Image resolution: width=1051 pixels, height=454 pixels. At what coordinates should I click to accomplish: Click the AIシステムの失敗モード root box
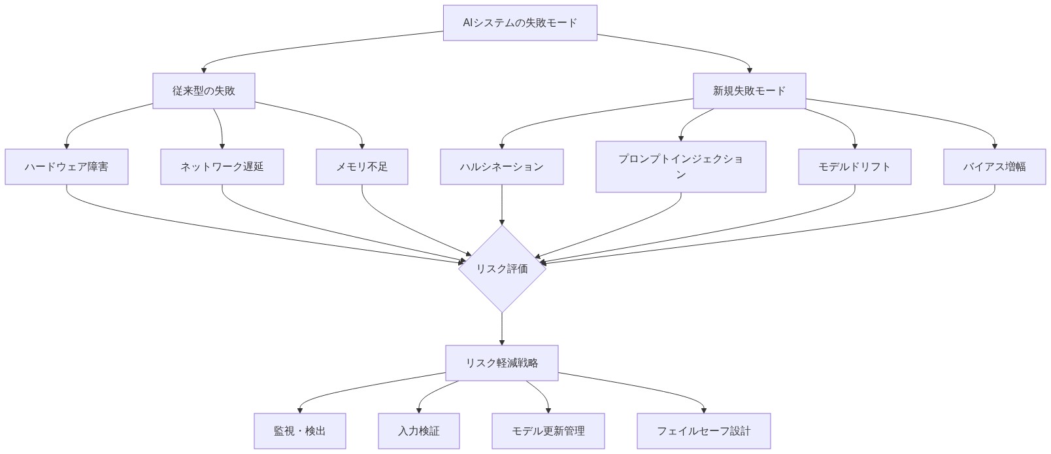click(x=520, y=23)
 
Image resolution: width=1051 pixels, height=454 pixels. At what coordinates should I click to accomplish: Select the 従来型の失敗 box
click(x=203, y=91)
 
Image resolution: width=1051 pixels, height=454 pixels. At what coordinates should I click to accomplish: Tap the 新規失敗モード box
click(x=749, y=91)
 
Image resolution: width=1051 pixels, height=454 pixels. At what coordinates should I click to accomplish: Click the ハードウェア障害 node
click(x=66, y=167)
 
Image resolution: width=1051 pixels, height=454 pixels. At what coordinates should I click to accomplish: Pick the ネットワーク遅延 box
click(x=222, y=167)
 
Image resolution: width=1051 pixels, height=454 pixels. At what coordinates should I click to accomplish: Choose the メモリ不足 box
click(x=361, y=167)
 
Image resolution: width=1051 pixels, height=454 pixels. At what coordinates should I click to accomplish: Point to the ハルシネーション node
click(x=501, y=167)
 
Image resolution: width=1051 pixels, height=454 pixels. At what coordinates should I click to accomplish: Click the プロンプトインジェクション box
click(x=680, y=167)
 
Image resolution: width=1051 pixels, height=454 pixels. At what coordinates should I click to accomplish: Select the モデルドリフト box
click(x=854, y=167)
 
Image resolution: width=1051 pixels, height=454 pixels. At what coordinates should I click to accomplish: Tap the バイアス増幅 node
click(x=994, y=167)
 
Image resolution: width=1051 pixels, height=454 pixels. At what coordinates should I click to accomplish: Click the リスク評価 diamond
click(x=501, y=269)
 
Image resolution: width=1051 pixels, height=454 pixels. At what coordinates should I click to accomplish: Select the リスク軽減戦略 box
click(x=501, y=363)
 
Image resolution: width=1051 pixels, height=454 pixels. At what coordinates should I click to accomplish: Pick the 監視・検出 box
click(x=299, y=431)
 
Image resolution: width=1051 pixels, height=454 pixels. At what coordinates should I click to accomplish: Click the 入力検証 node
click(x=418, y=431)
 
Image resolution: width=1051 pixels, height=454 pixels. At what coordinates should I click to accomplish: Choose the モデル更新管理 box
click(x=548, y=431)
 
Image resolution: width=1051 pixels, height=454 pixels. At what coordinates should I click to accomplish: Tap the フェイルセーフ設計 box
click(x=703, y=431)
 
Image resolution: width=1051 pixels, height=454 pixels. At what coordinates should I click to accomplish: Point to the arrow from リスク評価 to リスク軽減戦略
click(x=501, y=328)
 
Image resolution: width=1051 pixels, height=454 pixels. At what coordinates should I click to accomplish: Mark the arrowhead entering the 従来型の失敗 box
click(x=204, y=70)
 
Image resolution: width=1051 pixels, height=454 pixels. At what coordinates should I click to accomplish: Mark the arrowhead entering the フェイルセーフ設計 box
click(x=704, y=410)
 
